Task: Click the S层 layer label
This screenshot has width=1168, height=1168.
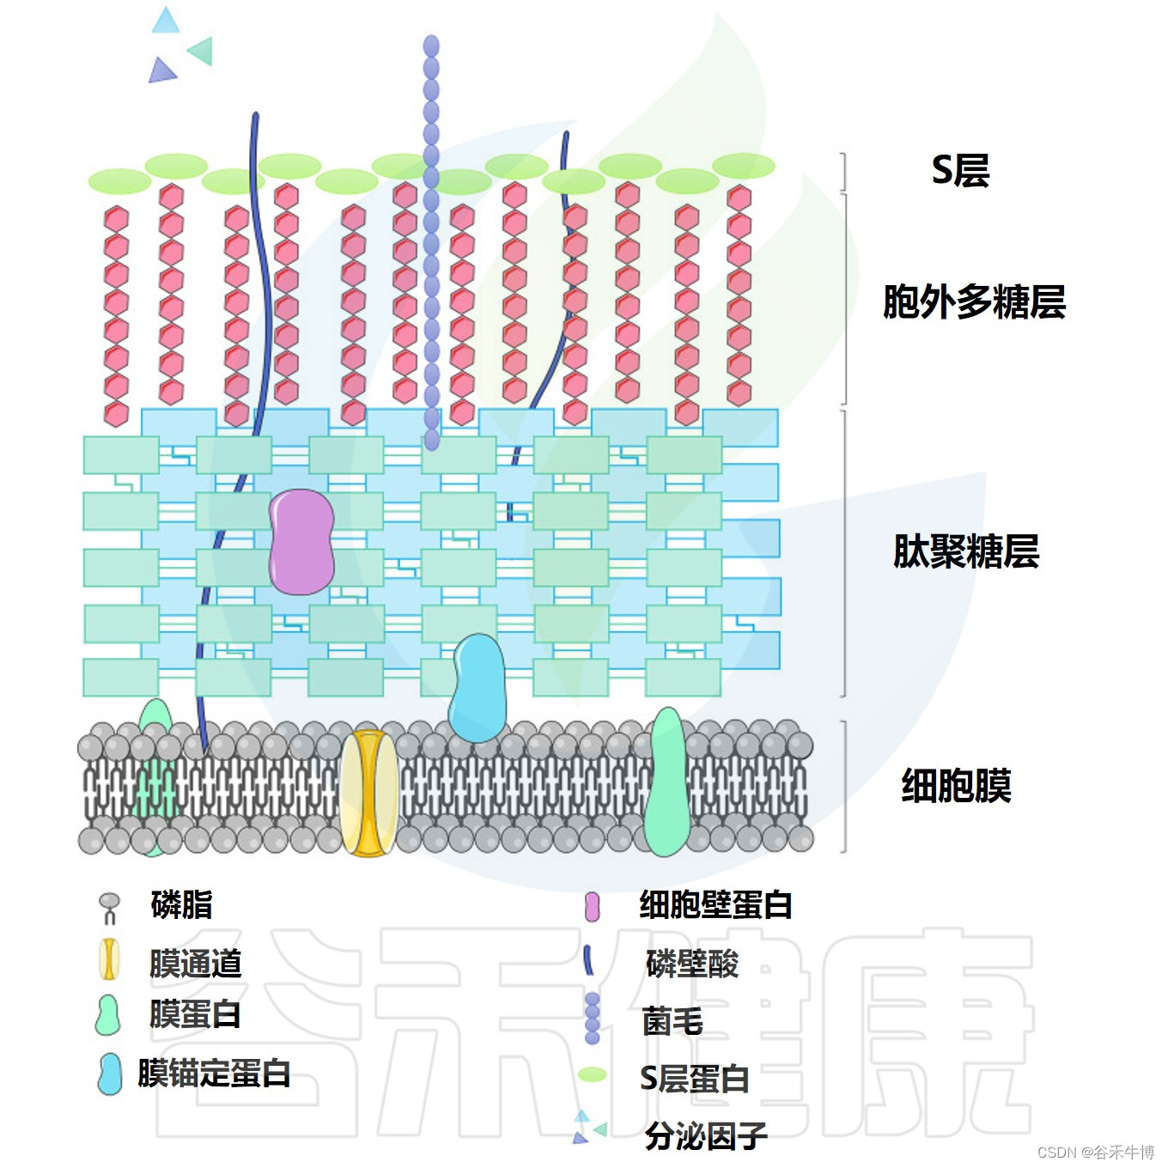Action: point(960,170)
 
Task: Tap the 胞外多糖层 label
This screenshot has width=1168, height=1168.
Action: point(974,302)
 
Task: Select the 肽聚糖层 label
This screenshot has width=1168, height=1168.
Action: point(966,551)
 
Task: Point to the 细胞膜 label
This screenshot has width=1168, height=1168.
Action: point(956,786)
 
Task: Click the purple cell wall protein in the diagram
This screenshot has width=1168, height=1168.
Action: point(301,542)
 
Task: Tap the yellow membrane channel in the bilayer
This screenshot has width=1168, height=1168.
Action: point(369,793)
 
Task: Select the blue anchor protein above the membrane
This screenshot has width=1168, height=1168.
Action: point(478,688)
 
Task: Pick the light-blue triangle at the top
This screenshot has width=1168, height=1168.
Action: point(166,21)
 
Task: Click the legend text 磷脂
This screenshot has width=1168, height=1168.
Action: point(181,905)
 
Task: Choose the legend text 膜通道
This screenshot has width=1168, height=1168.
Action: point(195,964)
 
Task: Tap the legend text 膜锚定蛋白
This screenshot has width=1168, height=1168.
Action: point(214,1074)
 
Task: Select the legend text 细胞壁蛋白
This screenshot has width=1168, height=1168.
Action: point(715,905)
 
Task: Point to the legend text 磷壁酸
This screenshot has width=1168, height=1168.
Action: point(692,964)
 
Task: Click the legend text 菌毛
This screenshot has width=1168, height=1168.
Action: point(672,1021)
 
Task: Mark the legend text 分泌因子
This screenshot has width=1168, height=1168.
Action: point(706,1136)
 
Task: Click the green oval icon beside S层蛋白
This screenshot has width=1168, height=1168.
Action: point(592,1074)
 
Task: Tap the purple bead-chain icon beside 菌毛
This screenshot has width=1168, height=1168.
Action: point(592,1018)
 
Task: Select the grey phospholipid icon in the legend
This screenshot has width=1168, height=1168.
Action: point(109,906)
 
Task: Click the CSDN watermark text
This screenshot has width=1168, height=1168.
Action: point(1095,1153)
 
